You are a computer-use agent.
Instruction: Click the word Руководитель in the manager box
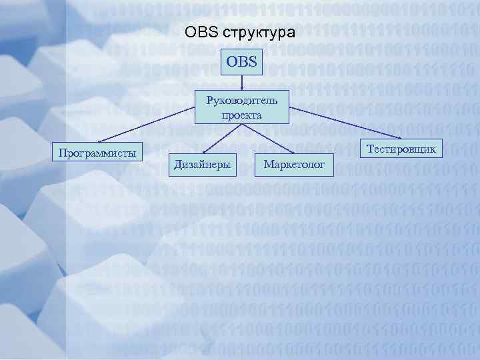tap(243, 101)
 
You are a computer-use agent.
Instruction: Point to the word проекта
tap(243, 115)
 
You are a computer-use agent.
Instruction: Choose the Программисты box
tap(97, 152)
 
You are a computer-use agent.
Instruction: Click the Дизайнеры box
tap(202, 163)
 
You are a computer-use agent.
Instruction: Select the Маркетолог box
tap(294, 163)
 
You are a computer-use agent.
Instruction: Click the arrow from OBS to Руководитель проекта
tap(243, 82)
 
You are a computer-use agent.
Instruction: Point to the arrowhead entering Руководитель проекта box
tap(243, 88)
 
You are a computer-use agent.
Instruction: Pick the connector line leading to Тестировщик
tap(347, 123)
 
